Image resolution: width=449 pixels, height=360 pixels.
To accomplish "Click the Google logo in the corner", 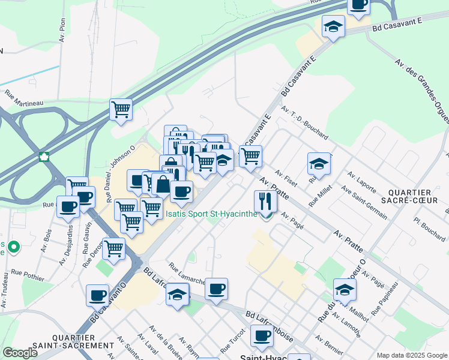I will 20,353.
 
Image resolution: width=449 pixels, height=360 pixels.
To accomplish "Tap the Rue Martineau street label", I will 24,98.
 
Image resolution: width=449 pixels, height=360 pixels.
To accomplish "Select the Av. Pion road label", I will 62,25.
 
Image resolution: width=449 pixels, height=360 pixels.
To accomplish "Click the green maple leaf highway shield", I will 43,157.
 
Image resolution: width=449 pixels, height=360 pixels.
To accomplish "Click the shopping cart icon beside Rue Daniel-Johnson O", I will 121,110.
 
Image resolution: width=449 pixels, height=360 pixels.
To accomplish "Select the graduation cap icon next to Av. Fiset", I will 319,163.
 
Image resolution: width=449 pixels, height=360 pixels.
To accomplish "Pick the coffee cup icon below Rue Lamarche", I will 216,289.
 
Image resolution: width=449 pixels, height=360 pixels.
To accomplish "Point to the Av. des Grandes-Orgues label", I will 422,90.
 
